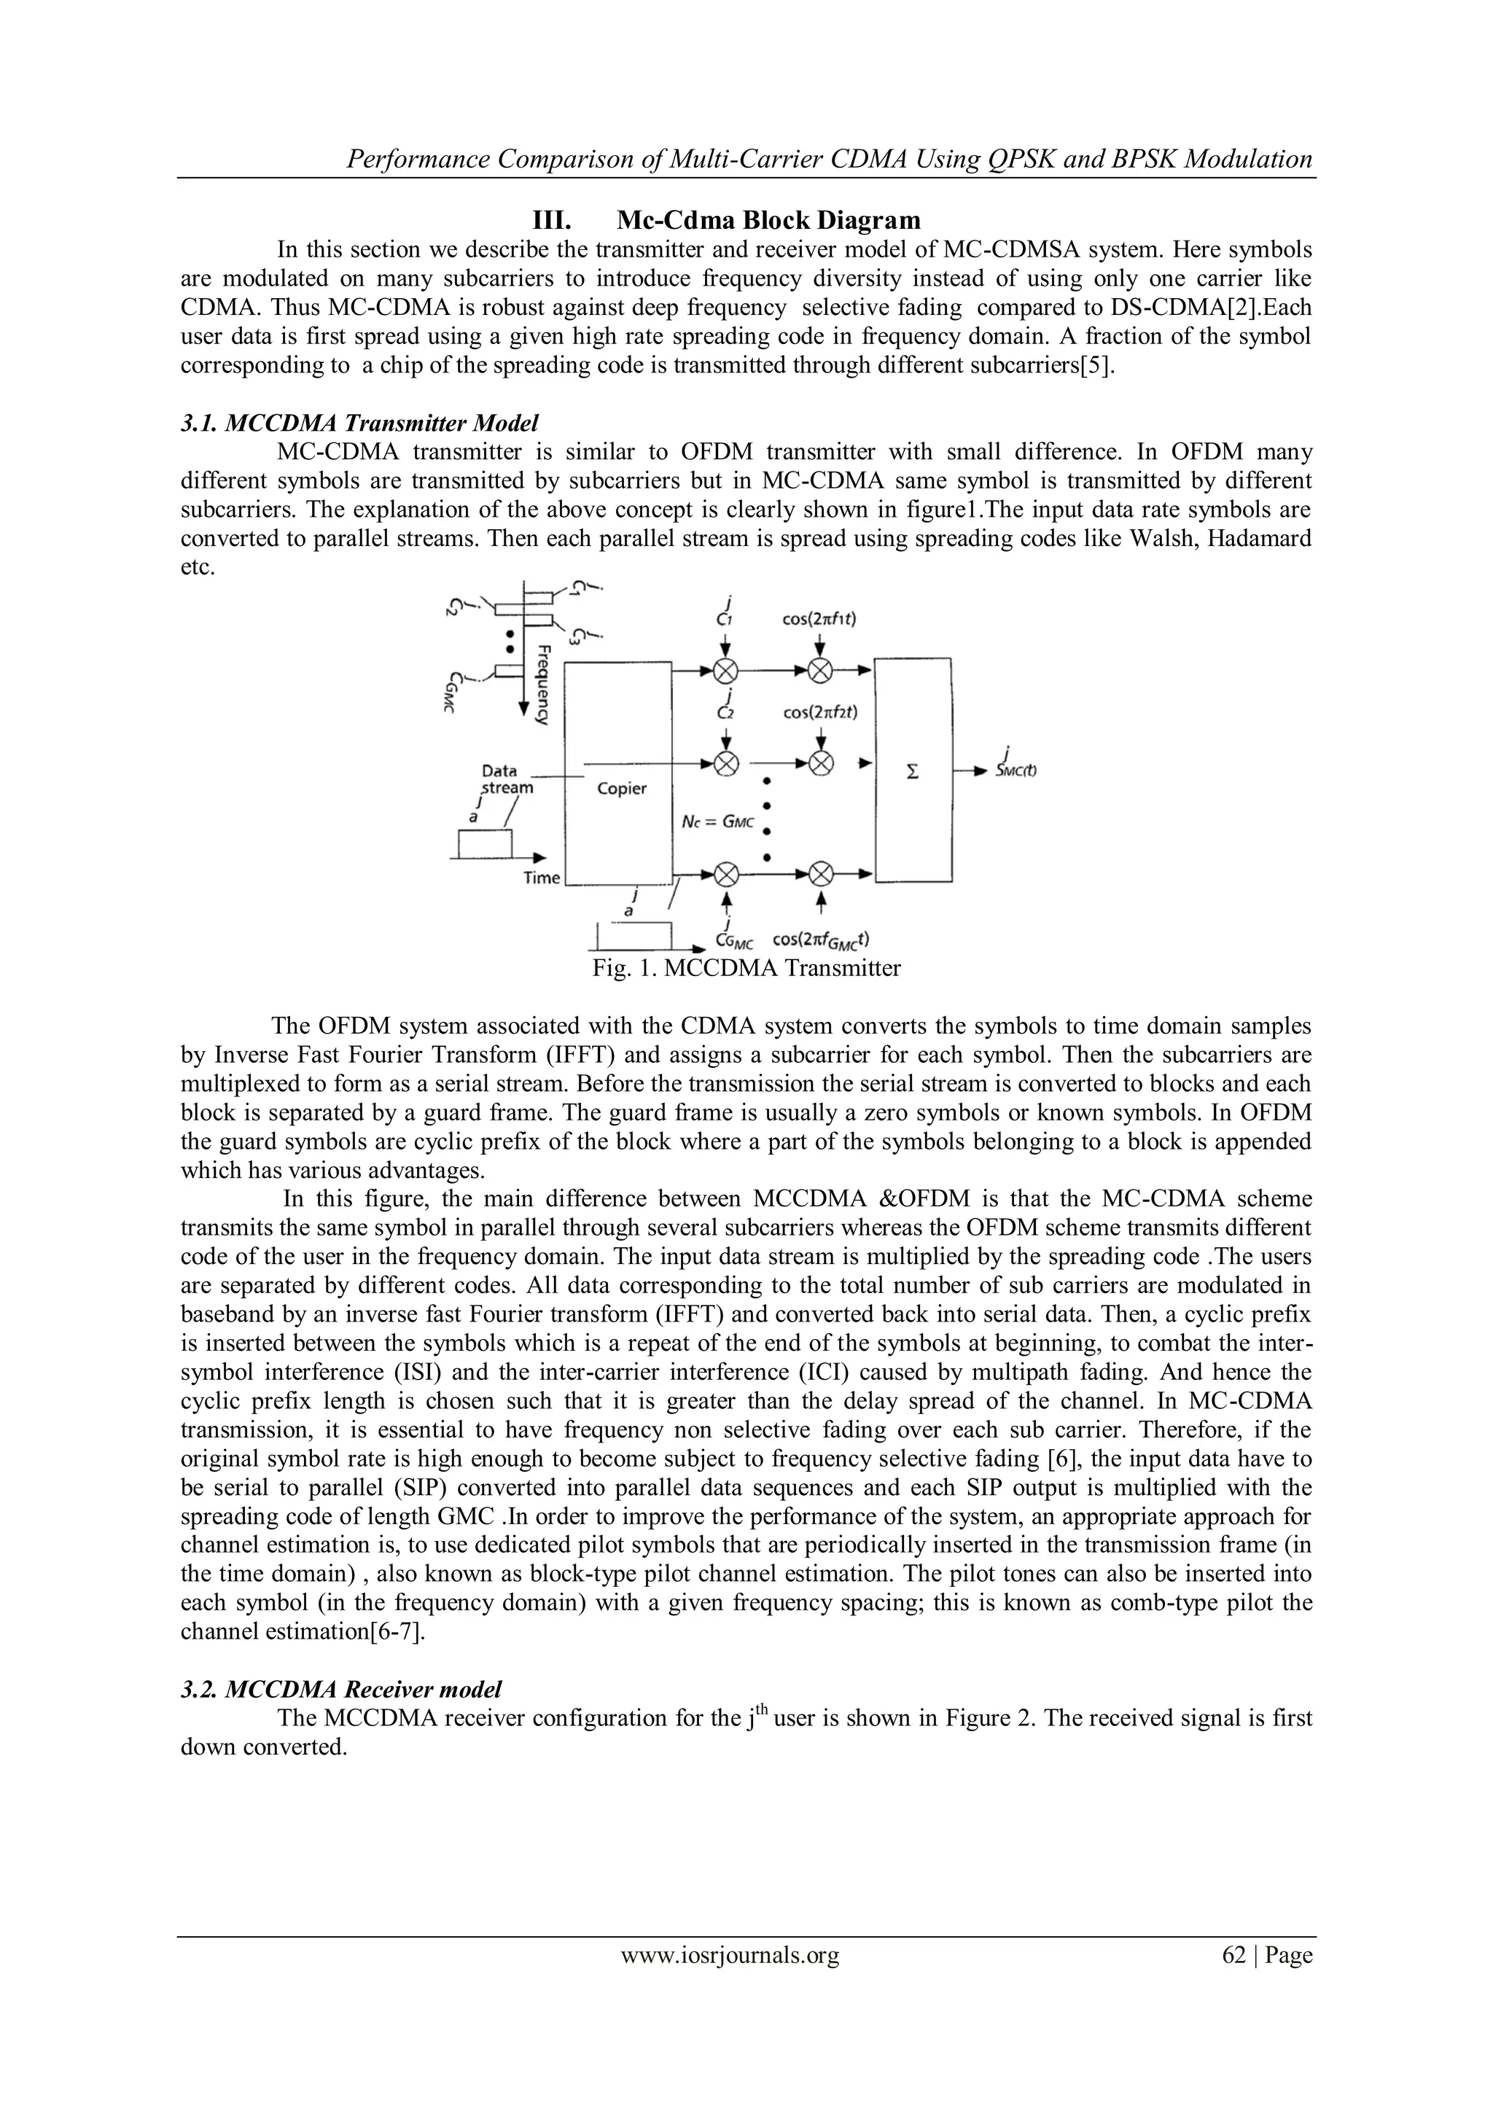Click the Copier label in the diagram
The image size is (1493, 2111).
pos(621,788)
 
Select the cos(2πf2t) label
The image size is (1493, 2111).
pos(820,711)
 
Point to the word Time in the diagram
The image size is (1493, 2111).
pos(542,877)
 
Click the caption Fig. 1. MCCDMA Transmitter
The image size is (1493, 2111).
pos(746,968)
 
